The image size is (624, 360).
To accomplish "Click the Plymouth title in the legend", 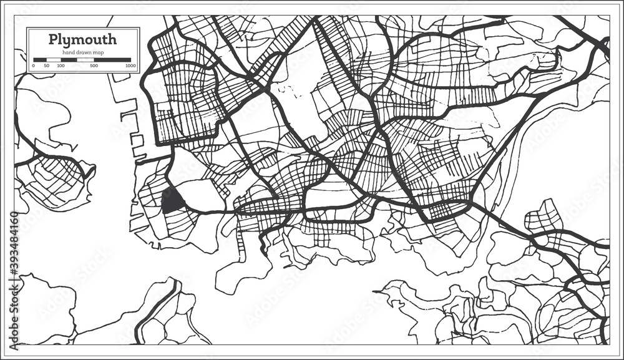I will (82, 40).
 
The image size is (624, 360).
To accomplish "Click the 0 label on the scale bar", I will (33, 65).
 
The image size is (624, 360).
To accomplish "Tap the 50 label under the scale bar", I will (46, 65).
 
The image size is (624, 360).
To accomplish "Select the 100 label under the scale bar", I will (61, 65).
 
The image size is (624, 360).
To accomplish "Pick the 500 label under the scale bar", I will (94, 65).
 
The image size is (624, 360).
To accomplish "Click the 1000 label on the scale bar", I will (130, 65).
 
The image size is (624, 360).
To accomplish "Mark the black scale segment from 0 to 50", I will (39, 59).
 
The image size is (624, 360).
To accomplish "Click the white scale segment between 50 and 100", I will (54, 59).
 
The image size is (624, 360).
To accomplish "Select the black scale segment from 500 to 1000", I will (112, 59).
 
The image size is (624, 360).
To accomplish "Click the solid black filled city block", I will (171, 200).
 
